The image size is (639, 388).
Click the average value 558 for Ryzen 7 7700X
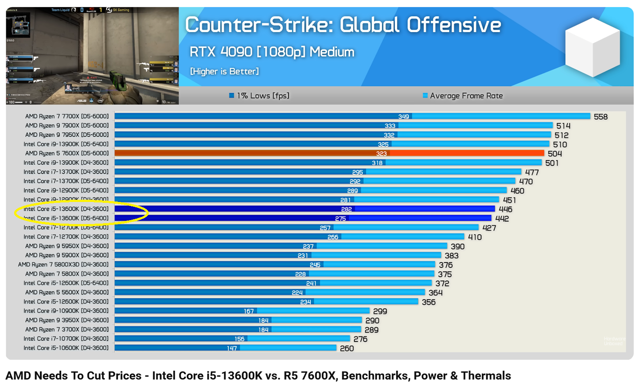coord(601,117)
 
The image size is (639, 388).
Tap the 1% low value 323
coord(381,154)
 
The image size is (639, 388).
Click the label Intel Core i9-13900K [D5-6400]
coord(66,144)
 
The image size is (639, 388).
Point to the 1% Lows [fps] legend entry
coord(259,95)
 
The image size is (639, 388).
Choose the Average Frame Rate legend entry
coord(463,95)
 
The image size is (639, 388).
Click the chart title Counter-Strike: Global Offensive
coord(343,25)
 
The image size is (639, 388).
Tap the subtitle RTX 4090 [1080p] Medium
coord(272,52)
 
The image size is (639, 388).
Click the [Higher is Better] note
coord(224,71)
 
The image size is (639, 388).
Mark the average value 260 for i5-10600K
coord(346,348)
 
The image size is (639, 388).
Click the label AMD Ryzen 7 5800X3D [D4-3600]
coord(63,265)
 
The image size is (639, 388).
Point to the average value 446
coord(505,209)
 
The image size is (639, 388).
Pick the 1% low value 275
coord(340,218)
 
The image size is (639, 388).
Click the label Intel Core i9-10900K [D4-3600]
coord(66,311)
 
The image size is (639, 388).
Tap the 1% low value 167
coord(249,311)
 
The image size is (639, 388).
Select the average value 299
coord(380,311)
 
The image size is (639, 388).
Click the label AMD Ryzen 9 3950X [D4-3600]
coord(67,320)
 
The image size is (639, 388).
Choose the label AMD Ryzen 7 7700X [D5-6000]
coord(67,116)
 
